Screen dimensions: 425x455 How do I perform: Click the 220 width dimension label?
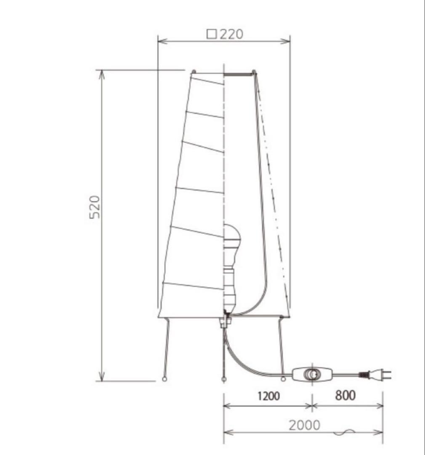click(x=231, y=34)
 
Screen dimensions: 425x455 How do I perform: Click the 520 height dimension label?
click(x=95, y=207)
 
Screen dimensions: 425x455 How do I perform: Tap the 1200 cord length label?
click(x=269, y=396)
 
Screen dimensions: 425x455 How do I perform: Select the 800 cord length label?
click(x=345, y=396)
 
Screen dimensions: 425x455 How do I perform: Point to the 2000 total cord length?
click(x=304, y=426)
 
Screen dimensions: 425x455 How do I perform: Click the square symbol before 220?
click(x=212, y=35)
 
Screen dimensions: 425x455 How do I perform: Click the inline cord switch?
click(x=312, y=375)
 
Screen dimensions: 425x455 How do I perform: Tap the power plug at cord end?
click(x=375, y=375)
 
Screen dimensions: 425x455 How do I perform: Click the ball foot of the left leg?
click(x=165, y=379)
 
